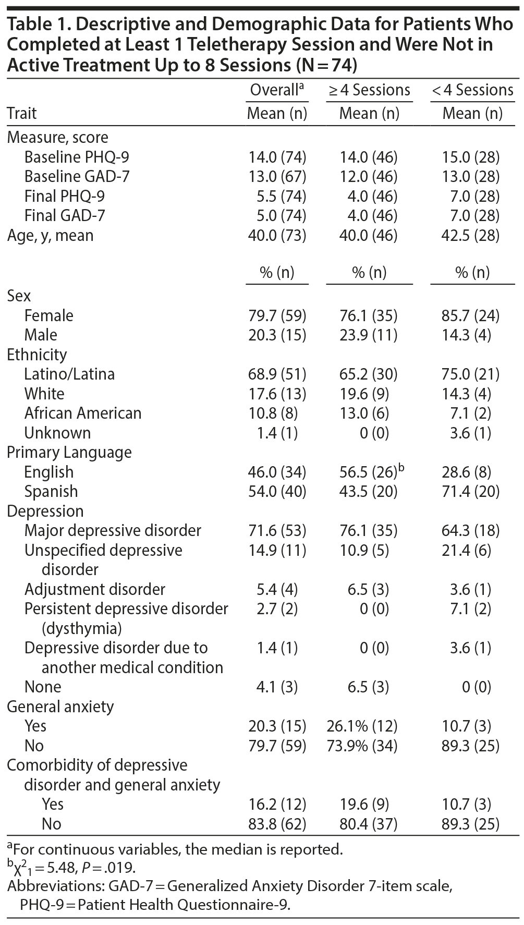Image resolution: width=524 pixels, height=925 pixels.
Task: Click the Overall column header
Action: coord(276,90)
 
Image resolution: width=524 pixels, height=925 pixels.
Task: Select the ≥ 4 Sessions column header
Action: coord(369,90)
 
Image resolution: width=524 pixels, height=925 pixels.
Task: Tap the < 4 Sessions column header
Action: coord(472,90)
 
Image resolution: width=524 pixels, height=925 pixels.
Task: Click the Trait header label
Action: coord(22,113)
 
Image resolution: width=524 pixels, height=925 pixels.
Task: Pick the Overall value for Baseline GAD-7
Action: coord(277,177)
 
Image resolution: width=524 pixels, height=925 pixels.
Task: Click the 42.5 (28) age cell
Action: coord(472,235)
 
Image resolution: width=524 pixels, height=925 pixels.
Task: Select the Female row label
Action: coord(49,315)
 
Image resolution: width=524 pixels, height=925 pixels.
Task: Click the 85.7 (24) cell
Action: coord(472,315)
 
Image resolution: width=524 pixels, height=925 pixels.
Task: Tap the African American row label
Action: coord(83,413)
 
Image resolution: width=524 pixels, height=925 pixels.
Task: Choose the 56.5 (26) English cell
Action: coord(368,472)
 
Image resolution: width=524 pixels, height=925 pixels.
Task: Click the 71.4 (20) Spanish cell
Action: coord(472,491)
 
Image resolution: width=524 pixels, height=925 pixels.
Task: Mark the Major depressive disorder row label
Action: coord(113,531)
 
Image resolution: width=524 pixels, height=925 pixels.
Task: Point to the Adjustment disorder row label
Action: coord(95,589)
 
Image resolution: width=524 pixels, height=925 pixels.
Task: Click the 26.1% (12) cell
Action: coord(362,726)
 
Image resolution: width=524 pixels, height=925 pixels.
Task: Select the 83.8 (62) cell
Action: coord(277,824)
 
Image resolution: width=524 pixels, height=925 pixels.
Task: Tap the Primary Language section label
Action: coord(69,453)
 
